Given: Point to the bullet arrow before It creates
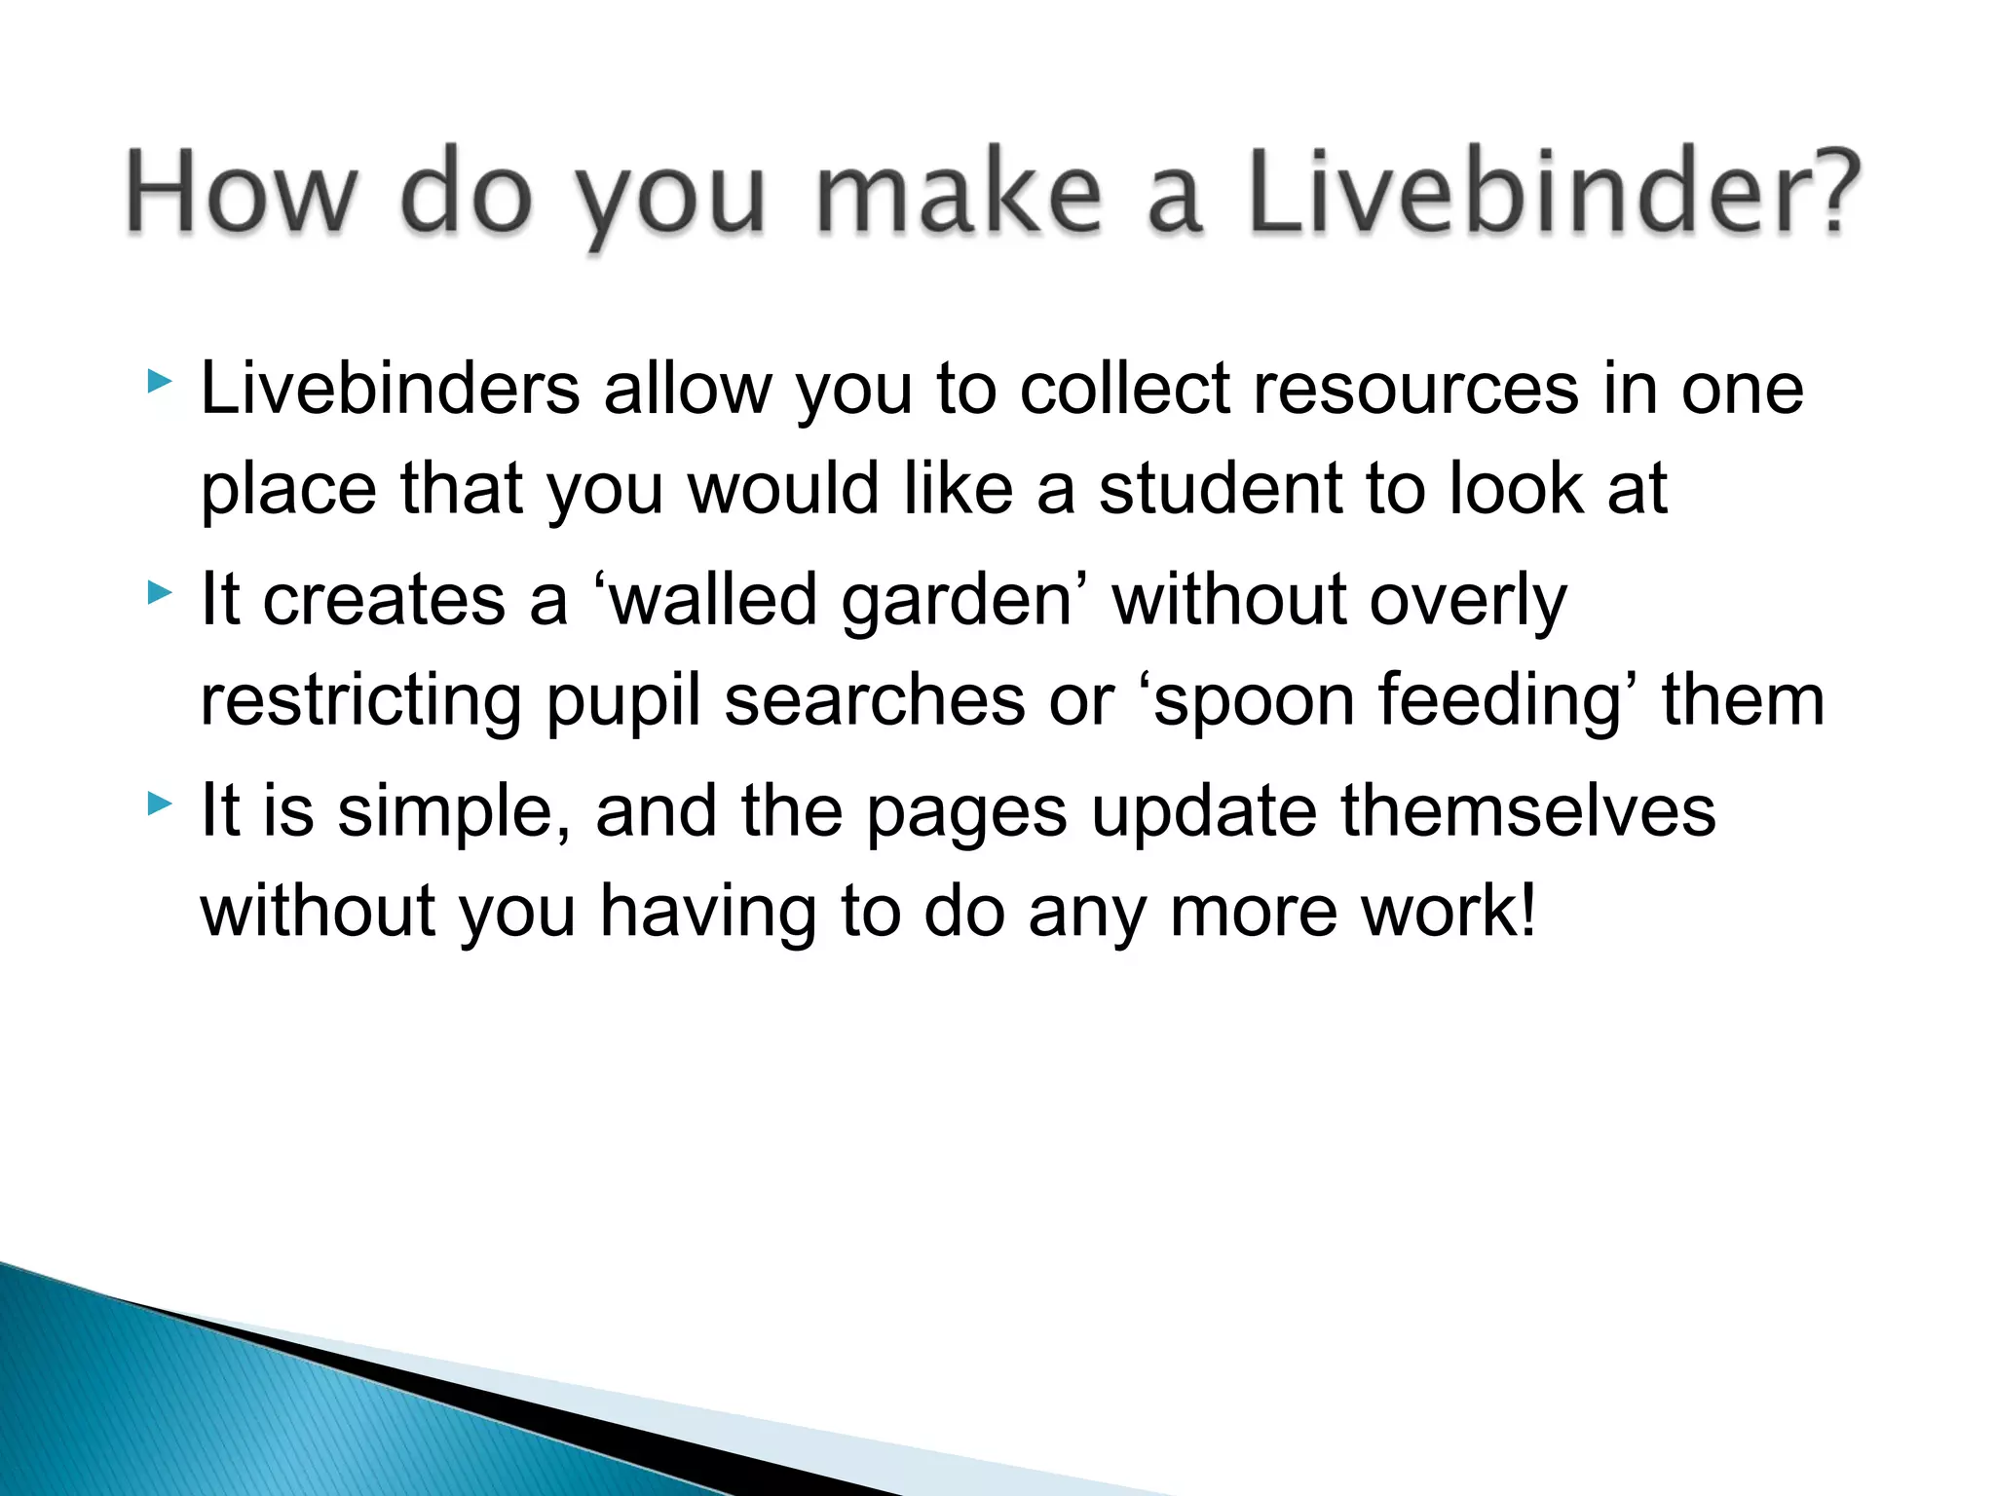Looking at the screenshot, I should click(160, 591).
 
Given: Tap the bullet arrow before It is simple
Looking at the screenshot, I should click(160, 803).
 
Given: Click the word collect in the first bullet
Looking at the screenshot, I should click(1125, 389).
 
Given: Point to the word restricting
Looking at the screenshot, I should click(360, 701).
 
